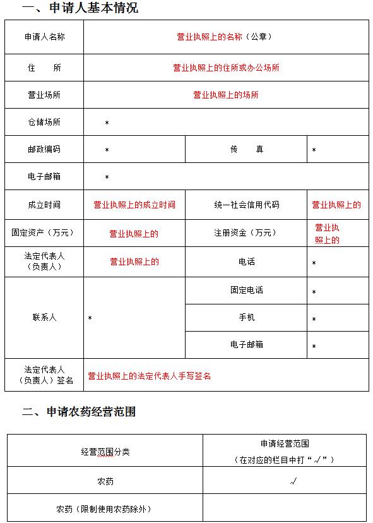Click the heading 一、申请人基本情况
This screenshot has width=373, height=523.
(80, 8)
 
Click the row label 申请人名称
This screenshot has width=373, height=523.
(44, 37)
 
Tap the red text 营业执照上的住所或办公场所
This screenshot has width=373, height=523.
(226, 68)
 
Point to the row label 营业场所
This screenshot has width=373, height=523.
(44, 95)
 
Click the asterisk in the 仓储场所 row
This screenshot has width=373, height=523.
(107, 123)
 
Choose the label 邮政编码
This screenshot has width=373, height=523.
(44, 150)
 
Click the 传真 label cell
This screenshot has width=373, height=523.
(246, 150)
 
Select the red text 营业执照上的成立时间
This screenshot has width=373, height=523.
(134, 205)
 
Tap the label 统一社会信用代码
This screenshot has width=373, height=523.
(246, 205)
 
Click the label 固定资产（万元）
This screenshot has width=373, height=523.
(44, 232)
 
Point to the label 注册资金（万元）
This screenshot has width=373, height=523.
(246, 232)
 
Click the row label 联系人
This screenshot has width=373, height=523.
(44, 317)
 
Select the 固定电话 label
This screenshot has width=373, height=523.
(246, 291)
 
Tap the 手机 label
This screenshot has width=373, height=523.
(246, 318)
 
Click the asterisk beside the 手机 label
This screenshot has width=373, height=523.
(314, 320)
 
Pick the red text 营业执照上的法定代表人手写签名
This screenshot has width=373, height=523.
(150, 376)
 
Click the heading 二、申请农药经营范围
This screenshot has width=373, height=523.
(78, 412)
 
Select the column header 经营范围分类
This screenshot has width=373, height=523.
(105, 452)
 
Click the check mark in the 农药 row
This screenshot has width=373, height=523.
(293, 481)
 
